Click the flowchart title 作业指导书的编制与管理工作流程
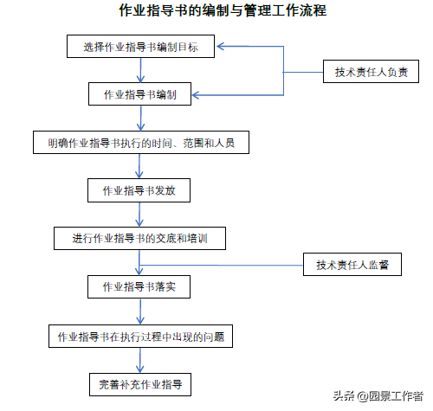click(223, 10)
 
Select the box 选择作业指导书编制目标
click(140, 47)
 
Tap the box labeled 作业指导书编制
click(139, 94)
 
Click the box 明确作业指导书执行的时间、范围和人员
click(141, 143)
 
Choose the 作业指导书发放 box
click(139, 190)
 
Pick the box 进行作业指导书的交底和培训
click(139, 238)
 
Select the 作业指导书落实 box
click(139, 286)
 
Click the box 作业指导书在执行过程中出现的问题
click(140, 337)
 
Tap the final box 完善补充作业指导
click(140, 384)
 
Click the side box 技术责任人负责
click(371, 72)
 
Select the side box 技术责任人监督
click(352, 265)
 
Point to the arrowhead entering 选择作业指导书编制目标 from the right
click(220, 46)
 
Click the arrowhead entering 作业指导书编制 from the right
click(196, 95)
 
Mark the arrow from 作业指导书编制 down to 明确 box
click(140, 119)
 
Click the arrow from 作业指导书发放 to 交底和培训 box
click(139, 215)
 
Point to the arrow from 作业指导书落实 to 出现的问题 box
click(140, 311)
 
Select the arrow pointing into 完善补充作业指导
click(140, 361)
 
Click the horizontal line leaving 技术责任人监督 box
click(221, 265)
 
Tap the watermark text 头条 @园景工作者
click(378, 396)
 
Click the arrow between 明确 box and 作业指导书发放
click(139, 166)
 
